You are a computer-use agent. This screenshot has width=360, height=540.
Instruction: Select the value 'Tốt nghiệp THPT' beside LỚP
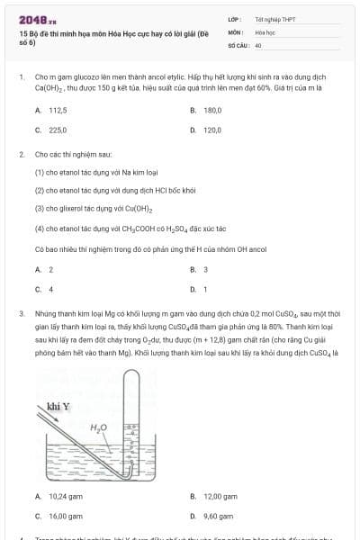point(270,19)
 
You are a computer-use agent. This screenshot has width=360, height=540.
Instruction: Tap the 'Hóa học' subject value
point(265,31)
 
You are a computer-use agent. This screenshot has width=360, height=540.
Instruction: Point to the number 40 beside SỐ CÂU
point(258,44)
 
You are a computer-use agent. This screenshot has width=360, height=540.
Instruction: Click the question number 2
point(21,154)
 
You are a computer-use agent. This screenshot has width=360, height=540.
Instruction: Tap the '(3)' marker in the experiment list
point(40,209)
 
